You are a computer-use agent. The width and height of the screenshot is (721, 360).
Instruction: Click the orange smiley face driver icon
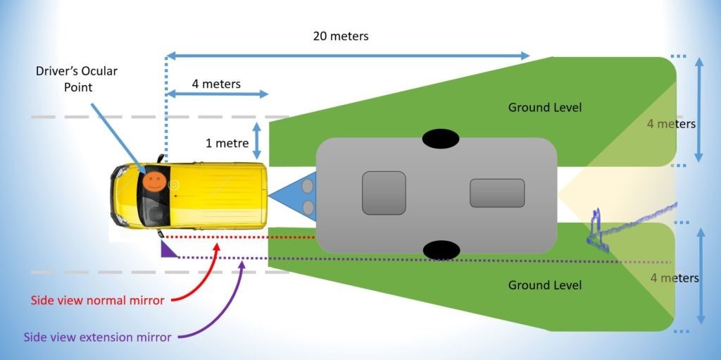pos(153,182)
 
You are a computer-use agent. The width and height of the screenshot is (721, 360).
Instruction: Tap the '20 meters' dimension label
pos(341,35)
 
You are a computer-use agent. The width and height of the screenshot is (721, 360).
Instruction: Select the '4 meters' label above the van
pos(216,84)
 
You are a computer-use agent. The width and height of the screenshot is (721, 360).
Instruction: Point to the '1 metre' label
pos(227,143)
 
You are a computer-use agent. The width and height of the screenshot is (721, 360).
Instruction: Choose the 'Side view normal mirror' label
pos(97,300)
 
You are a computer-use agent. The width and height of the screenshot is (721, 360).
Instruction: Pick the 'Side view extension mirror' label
pos(97,337)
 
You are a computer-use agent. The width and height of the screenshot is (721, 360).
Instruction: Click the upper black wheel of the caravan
pos(441,139)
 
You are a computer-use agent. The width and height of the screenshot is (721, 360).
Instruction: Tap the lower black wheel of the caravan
pos(441,249)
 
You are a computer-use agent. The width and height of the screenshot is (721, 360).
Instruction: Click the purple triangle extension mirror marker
pos(169,250)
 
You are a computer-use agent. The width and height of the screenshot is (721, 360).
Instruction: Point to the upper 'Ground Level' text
pos(545,107)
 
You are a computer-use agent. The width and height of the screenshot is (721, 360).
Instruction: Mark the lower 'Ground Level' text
pos(545,285)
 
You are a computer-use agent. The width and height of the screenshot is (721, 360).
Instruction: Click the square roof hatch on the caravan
pos(384,193)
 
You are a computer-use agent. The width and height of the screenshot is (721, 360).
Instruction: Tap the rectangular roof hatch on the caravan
pos(497,193)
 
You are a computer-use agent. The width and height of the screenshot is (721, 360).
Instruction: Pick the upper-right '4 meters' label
pos(671,124)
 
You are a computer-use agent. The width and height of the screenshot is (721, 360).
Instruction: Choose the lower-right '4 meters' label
pos(674,278)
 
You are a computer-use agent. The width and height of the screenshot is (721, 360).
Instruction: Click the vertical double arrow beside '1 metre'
pos(257,141)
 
